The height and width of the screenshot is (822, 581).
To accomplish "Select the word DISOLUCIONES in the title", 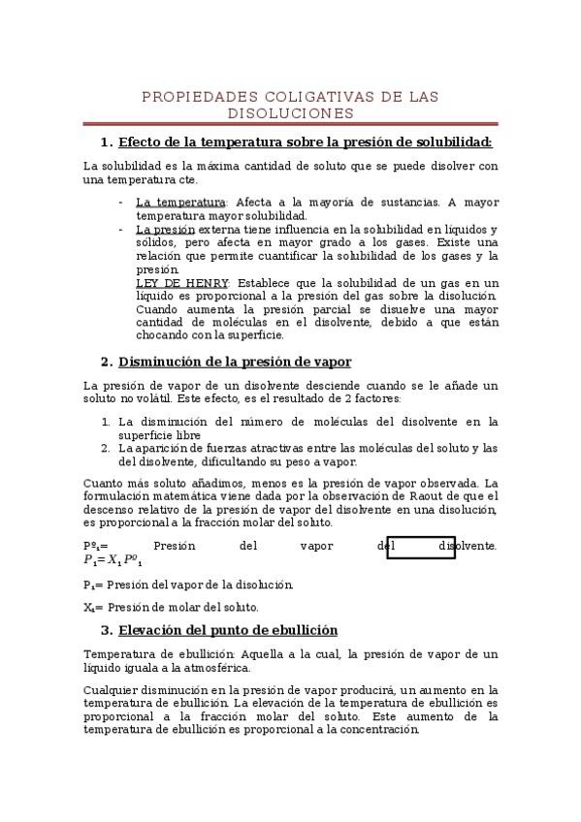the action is pyautogui.click(x=291, y=113).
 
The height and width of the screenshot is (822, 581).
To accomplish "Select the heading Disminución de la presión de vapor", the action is pyautogui.click(x=235, y=363).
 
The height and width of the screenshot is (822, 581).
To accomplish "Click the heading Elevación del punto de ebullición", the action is pyautogui.click(x=228, y=630).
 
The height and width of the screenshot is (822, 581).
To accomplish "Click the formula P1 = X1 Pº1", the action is pyautogui.click(x=113, y=560).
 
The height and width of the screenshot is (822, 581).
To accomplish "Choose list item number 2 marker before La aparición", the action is pyautogui.click(x=105, y=448).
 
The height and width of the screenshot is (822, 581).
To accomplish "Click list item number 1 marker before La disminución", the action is pyautogui.click(x=105, y=422).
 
